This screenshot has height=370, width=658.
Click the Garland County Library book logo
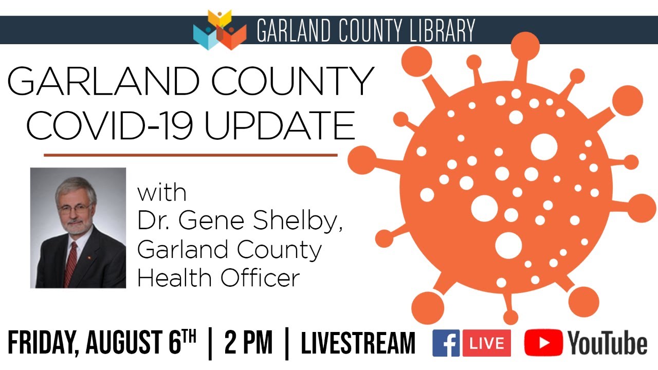[220, 30]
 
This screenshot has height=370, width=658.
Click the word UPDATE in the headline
[280, 126]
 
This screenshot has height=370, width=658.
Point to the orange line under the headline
[190, 154]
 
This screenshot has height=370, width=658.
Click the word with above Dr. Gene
[161, 194]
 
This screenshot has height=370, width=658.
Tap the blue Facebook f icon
[446, 343]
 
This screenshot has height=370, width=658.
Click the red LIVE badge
[486, 343]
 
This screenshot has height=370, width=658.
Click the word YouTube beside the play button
[607, 343]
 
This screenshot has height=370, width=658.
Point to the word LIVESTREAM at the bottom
[358, 343]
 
